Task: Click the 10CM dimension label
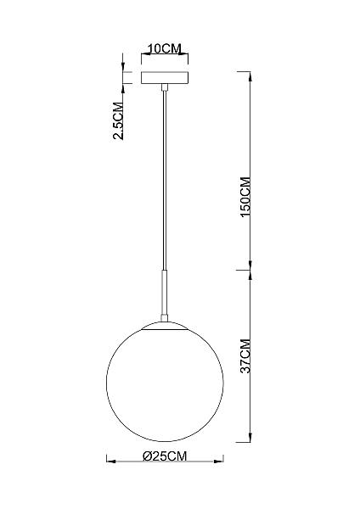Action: [165, 48]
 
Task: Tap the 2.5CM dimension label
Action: [118, 120]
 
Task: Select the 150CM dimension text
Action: [246, 198]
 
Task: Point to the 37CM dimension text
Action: [246, 356]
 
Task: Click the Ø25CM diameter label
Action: [165, 456]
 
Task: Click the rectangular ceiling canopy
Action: [165, 78]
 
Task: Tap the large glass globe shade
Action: [165, 382]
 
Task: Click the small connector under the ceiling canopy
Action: [165, 87]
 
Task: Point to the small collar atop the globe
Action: [165, 317]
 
